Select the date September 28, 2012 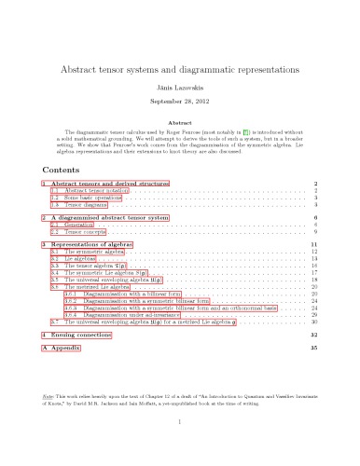tap(180, 100)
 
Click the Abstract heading tap(180, 121)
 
